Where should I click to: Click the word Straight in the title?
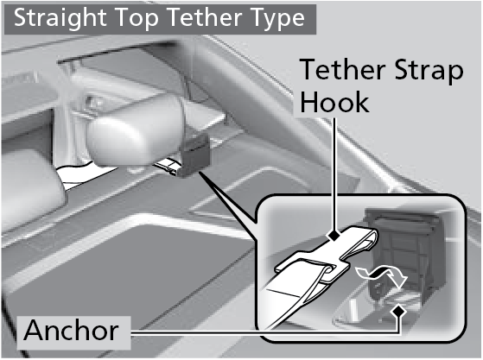pyautogui.click(x=60, y=18)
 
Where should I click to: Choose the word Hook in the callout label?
pyautogui.click(x=335, y=102)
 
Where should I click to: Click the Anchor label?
pyautogui.click(x=71, y=331)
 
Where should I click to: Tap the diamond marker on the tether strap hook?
pyautogui.click(x=334, y=236)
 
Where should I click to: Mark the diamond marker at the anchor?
pyautogui.click(x=399, y=312)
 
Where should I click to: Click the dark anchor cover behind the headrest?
pyautogui.click(x=193, y=155)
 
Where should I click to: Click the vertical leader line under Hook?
pyautogui.click(x=334, y=174)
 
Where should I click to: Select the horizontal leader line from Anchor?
pyautogui.click(x=265, y=333)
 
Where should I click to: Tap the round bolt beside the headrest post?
pyautogui.click(x=91, y=102)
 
